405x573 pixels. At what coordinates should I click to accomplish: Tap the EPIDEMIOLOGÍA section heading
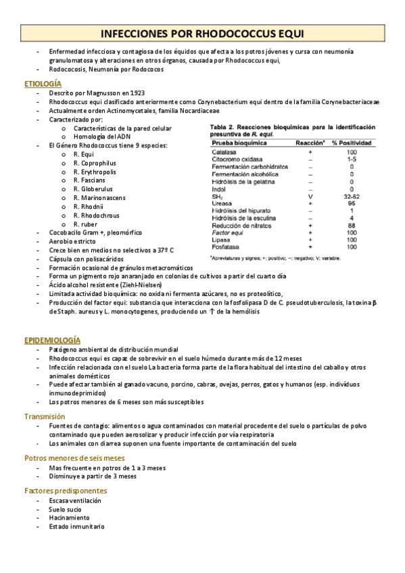pos(52,339)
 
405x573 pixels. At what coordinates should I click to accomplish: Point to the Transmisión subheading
pos(45,416)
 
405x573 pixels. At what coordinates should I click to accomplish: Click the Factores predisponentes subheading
pos(66,490)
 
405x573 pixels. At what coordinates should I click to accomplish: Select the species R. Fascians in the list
pos(89,180)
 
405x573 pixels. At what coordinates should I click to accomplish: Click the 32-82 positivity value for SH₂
pos(352,196)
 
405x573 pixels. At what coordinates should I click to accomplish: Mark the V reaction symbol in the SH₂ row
pos(310,196)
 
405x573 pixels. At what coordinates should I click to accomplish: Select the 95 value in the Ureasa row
pos(352,203)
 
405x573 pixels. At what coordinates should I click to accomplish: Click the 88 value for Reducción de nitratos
pos(352,225)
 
